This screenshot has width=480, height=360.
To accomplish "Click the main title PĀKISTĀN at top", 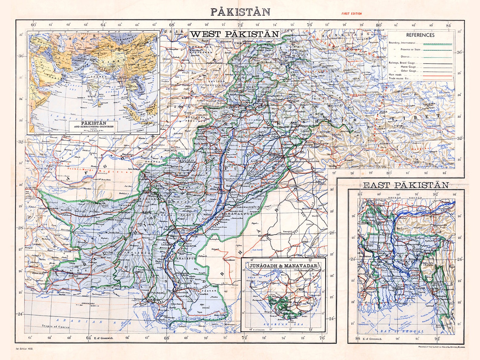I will (x=240, y=11).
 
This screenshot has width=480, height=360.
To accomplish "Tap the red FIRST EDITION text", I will (x=351, y=14).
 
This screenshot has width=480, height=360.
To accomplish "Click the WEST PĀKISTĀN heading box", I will (x=234, y=34).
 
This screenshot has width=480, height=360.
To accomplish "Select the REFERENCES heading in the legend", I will (x=420, y=35).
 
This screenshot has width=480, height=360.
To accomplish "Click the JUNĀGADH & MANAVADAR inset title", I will (x=283, y=266).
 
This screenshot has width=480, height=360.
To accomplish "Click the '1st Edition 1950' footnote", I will (x=24, y=349).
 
